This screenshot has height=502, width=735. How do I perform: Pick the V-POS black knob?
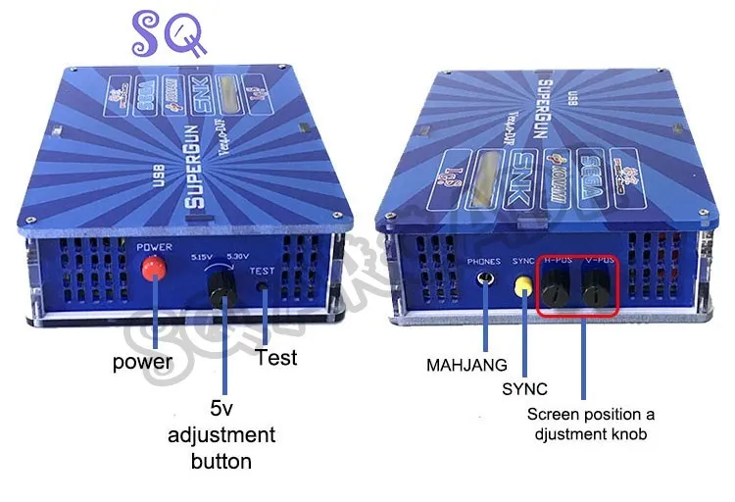596,290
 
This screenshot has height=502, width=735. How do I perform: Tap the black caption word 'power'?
142,362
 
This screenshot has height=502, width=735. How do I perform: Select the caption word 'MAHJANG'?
466,365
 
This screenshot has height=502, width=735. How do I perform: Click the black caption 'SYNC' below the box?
523,389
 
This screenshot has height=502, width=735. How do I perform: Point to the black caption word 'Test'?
275,357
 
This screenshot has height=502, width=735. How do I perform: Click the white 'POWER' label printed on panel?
155,246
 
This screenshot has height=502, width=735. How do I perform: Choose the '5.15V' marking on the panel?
201,258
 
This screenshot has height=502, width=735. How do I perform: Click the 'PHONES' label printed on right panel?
484,262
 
